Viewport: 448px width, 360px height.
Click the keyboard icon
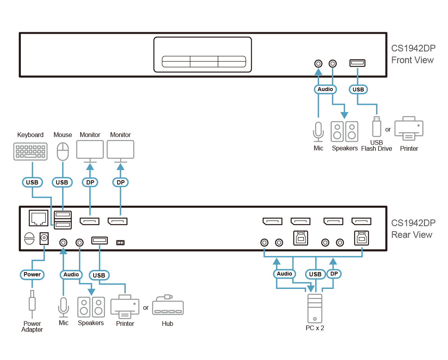(x=30, y=151)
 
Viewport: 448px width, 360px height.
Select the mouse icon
(x=63, y=152)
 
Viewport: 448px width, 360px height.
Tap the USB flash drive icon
(x=376, y=127)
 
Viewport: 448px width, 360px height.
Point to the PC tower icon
(x=314, y=308)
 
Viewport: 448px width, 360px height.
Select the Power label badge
(x=32, y=275)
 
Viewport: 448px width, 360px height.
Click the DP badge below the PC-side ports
(x=334, y=274)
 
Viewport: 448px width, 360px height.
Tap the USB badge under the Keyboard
(x=32, y=183)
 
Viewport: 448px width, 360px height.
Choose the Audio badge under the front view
(x=325, y=90)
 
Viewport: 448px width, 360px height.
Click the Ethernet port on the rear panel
(x=38, y=218)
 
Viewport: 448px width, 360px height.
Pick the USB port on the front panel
(x=358, y=63)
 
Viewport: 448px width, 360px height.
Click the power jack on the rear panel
(x=44, y=238)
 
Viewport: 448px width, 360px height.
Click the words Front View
(x=412, y=60)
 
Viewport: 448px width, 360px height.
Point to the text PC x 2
(x=315, y=328)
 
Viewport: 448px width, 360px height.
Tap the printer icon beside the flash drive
(x=409, y=128)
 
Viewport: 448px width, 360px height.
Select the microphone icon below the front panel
(x=318, y=132)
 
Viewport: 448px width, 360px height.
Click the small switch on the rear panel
(x=120, y=243)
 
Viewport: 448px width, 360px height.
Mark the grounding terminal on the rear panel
(x=29, y=239)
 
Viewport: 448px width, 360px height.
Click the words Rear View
(x=412, y=235)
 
